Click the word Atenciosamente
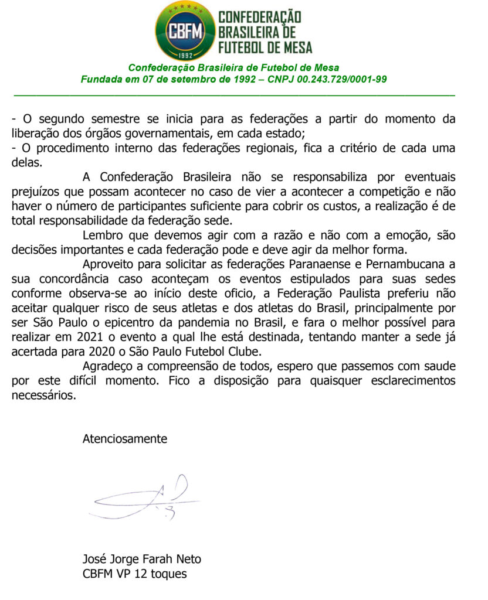[x=124, y=438]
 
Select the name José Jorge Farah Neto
[x=141, y=558]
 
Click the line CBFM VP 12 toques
[x=134, y=574]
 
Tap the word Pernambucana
[x=401, y=264]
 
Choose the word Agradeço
[x=109, y=366]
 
